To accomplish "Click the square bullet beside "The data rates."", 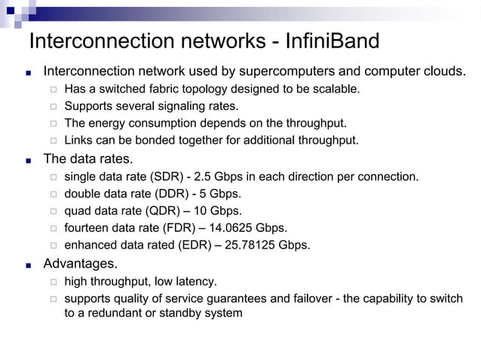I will (x=28, y=160).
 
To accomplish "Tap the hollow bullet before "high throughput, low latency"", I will (x=53, y=282).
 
